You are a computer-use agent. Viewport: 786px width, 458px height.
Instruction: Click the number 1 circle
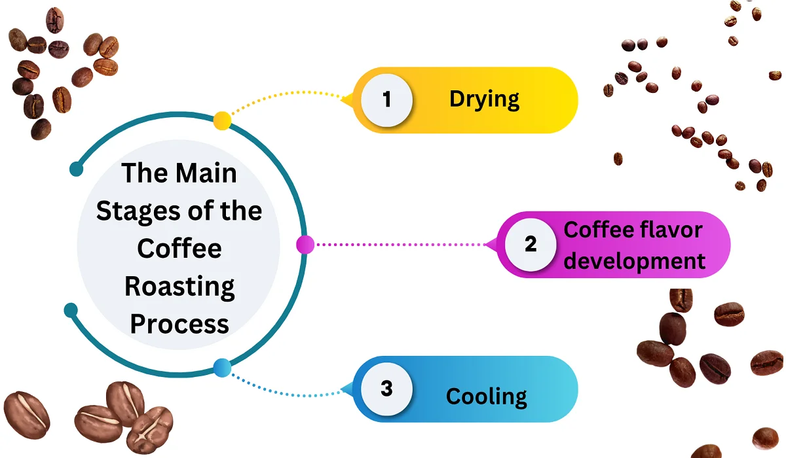(386, 101)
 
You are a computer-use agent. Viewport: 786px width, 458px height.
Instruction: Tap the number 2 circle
(531, 245)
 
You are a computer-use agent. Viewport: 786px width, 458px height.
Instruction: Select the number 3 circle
(386, 389)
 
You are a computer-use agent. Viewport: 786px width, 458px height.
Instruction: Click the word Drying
(484, 99)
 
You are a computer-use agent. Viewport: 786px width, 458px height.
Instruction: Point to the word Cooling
(486, 396)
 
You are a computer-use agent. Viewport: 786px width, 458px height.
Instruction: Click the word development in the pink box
(635, 261)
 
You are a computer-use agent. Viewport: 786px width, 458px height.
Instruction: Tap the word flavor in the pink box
(669, 230)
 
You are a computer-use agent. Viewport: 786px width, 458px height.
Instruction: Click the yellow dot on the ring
(222, 120)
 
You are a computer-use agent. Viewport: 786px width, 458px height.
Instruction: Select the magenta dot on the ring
(305, 245)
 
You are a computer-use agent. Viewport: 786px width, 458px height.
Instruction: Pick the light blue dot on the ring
(222, 368)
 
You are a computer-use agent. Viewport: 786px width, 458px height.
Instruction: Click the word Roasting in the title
(179, 287)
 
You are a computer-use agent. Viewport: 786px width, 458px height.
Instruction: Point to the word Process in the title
(179, 324)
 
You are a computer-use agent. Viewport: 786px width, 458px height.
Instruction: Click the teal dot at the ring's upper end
(76, 169)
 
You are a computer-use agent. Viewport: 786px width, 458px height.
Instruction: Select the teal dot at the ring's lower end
(71, 309)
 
